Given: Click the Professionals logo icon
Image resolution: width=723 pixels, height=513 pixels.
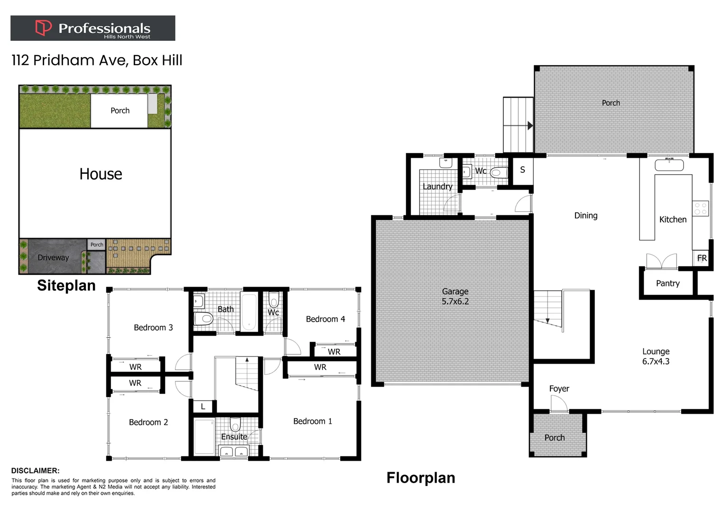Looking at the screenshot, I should click(x=43, y=28).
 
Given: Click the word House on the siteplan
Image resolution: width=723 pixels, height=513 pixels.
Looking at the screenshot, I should click(x=101, y=174).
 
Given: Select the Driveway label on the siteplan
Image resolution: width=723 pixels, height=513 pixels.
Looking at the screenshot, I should click(x=53, y=257).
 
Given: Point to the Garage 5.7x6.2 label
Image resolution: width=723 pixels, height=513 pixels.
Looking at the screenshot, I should click(x=455, y=296).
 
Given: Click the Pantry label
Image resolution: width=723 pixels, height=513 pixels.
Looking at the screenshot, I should click(x=667, y=284).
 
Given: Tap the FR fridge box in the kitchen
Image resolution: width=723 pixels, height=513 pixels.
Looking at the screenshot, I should click(x=702, y=258).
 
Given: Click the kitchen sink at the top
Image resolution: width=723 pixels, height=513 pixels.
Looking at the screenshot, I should click(x=669, y=165).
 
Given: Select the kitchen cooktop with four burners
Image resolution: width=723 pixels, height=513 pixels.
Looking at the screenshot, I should click(x=701, y=209).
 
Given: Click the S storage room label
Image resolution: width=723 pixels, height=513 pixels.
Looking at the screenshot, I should click(x=522, y=170).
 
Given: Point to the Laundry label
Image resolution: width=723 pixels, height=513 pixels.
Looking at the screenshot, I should click(x=437, y=187).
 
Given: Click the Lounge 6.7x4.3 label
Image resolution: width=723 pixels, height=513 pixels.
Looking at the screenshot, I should click(x=656, y=356).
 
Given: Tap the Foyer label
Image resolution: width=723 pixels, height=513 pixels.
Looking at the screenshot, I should click(x=559, y=389).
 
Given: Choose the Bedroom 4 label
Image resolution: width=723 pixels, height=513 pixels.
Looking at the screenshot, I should click(x=325, y=319).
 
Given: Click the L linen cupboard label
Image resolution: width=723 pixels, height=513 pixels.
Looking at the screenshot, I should click(x=203, y=407).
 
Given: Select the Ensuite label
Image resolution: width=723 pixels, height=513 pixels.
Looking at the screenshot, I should click(x=234, y=437).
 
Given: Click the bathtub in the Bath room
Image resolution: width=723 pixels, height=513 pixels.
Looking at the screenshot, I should click(x=249, y=312).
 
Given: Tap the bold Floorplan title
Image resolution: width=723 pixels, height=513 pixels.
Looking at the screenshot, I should click(x=421, y=477).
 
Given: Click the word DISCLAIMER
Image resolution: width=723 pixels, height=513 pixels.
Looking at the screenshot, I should click(x=36, y=471).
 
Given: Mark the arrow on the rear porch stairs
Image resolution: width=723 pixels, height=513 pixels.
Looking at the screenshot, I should click(x=529, y=126).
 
